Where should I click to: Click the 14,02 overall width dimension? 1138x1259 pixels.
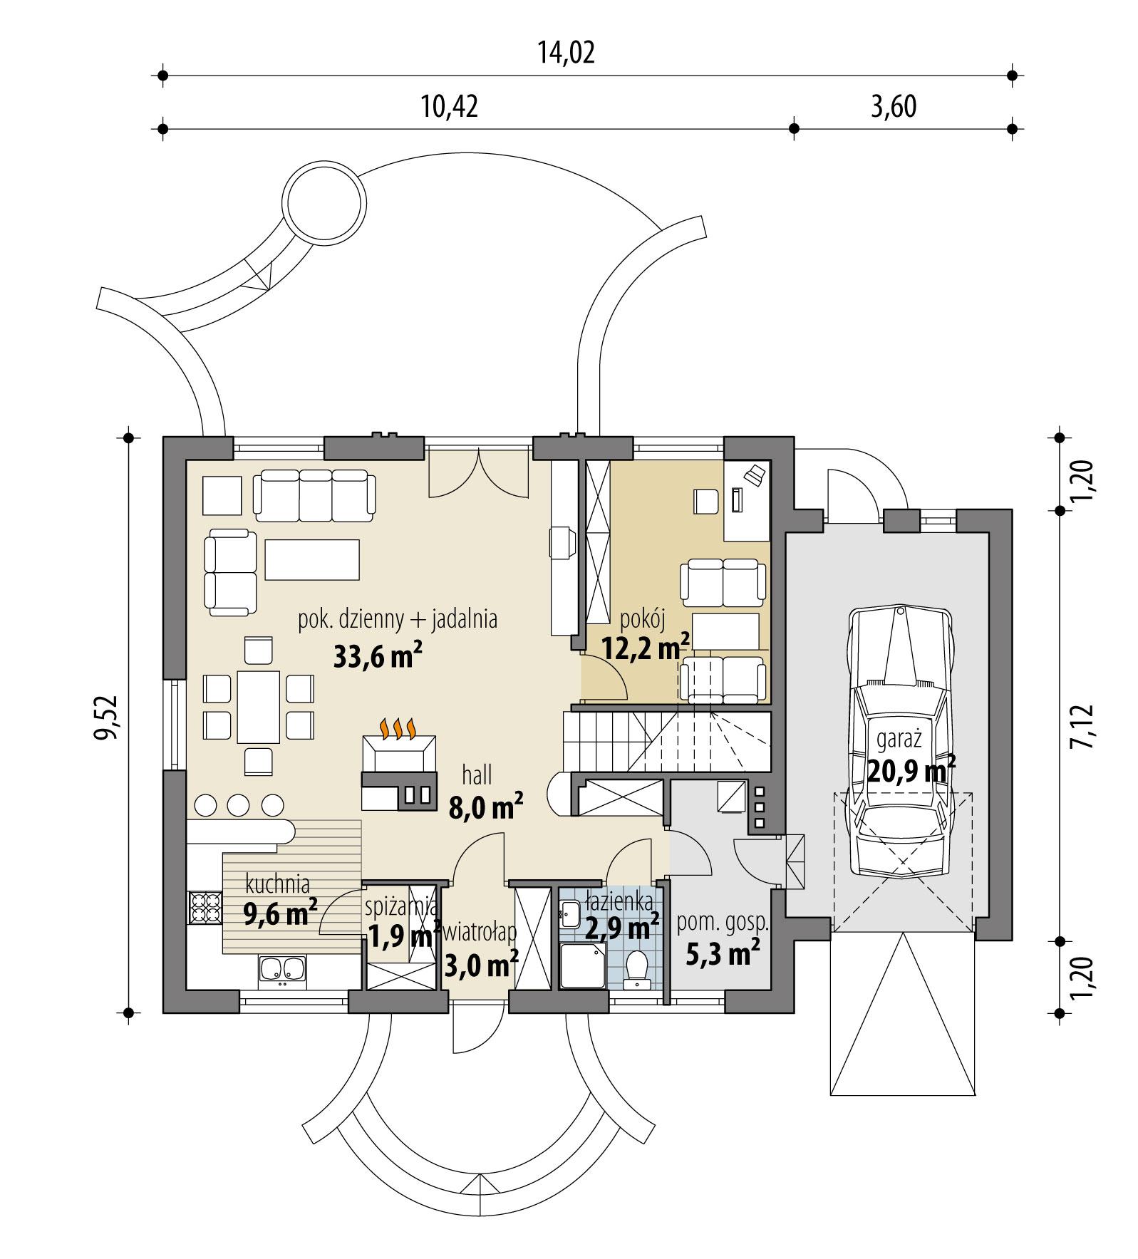(566, 53)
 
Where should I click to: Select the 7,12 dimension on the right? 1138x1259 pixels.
(1080, 724)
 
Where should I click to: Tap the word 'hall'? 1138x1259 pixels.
(477, 774)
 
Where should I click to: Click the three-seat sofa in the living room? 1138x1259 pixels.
(314, 494)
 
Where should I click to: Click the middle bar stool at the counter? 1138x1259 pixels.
(239, 804)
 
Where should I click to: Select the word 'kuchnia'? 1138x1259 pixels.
(277, 884)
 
